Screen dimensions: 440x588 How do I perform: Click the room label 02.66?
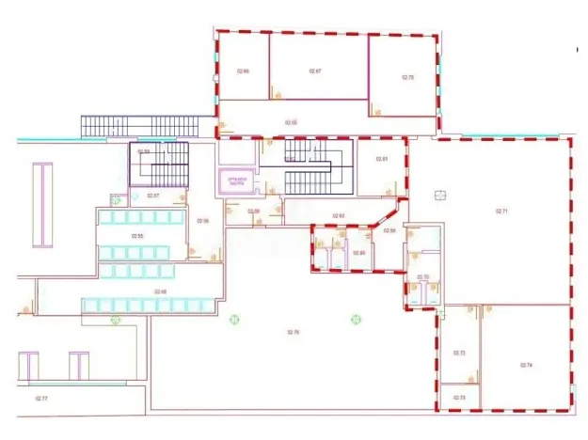243,71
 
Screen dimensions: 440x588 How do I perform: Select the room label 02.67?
316,71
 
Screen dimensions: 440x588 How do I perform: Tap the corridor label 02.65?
292,122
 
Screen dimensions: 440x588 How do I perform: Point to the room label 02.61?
382,159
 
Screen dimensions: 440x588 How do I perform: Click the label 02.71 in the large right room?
501,212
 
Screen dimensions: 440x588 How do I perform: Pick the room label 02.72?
459,353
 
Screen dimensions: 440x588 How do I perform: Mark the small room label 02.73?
459,398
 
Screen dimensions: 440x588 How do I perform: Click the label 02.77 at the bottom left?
41,399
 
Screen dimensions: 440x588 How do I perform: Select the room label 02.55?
136,236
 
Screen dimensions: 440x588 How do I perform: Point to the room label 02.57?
153,196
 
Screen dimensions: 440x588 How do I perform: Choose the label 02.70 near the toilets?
422,276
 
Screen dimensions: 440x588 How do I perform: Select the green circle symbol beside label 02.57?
116,198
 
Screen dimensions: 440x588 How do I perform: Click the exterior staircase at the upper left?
141,125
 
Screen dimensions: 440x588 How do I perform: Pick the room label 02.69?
254,212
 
